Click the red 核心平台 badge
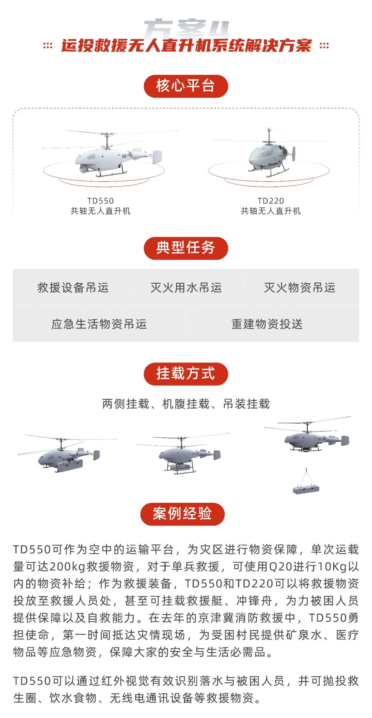click(186, 86)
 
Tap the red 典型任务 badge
click(186, 248)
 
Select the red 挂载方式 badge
click(186, 374)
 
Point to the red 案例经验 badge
click(182, 514)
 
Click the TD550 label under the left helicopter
click(101, 201)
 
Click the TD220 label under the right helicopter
click(271, 201)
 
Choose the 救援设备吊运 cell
click(73, 287)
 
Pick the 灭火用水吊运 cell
click(186, 287)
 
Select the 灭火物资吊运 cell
click(300, 287)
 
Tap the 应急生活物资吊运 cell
click(99, 324)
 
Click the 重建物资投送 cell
click(267, 324)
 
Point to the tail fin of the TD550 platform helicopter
click(157, 157)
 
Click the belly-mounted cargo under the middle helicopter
click(179, 468)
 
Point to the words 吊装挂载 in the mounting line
click(246, 404)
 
